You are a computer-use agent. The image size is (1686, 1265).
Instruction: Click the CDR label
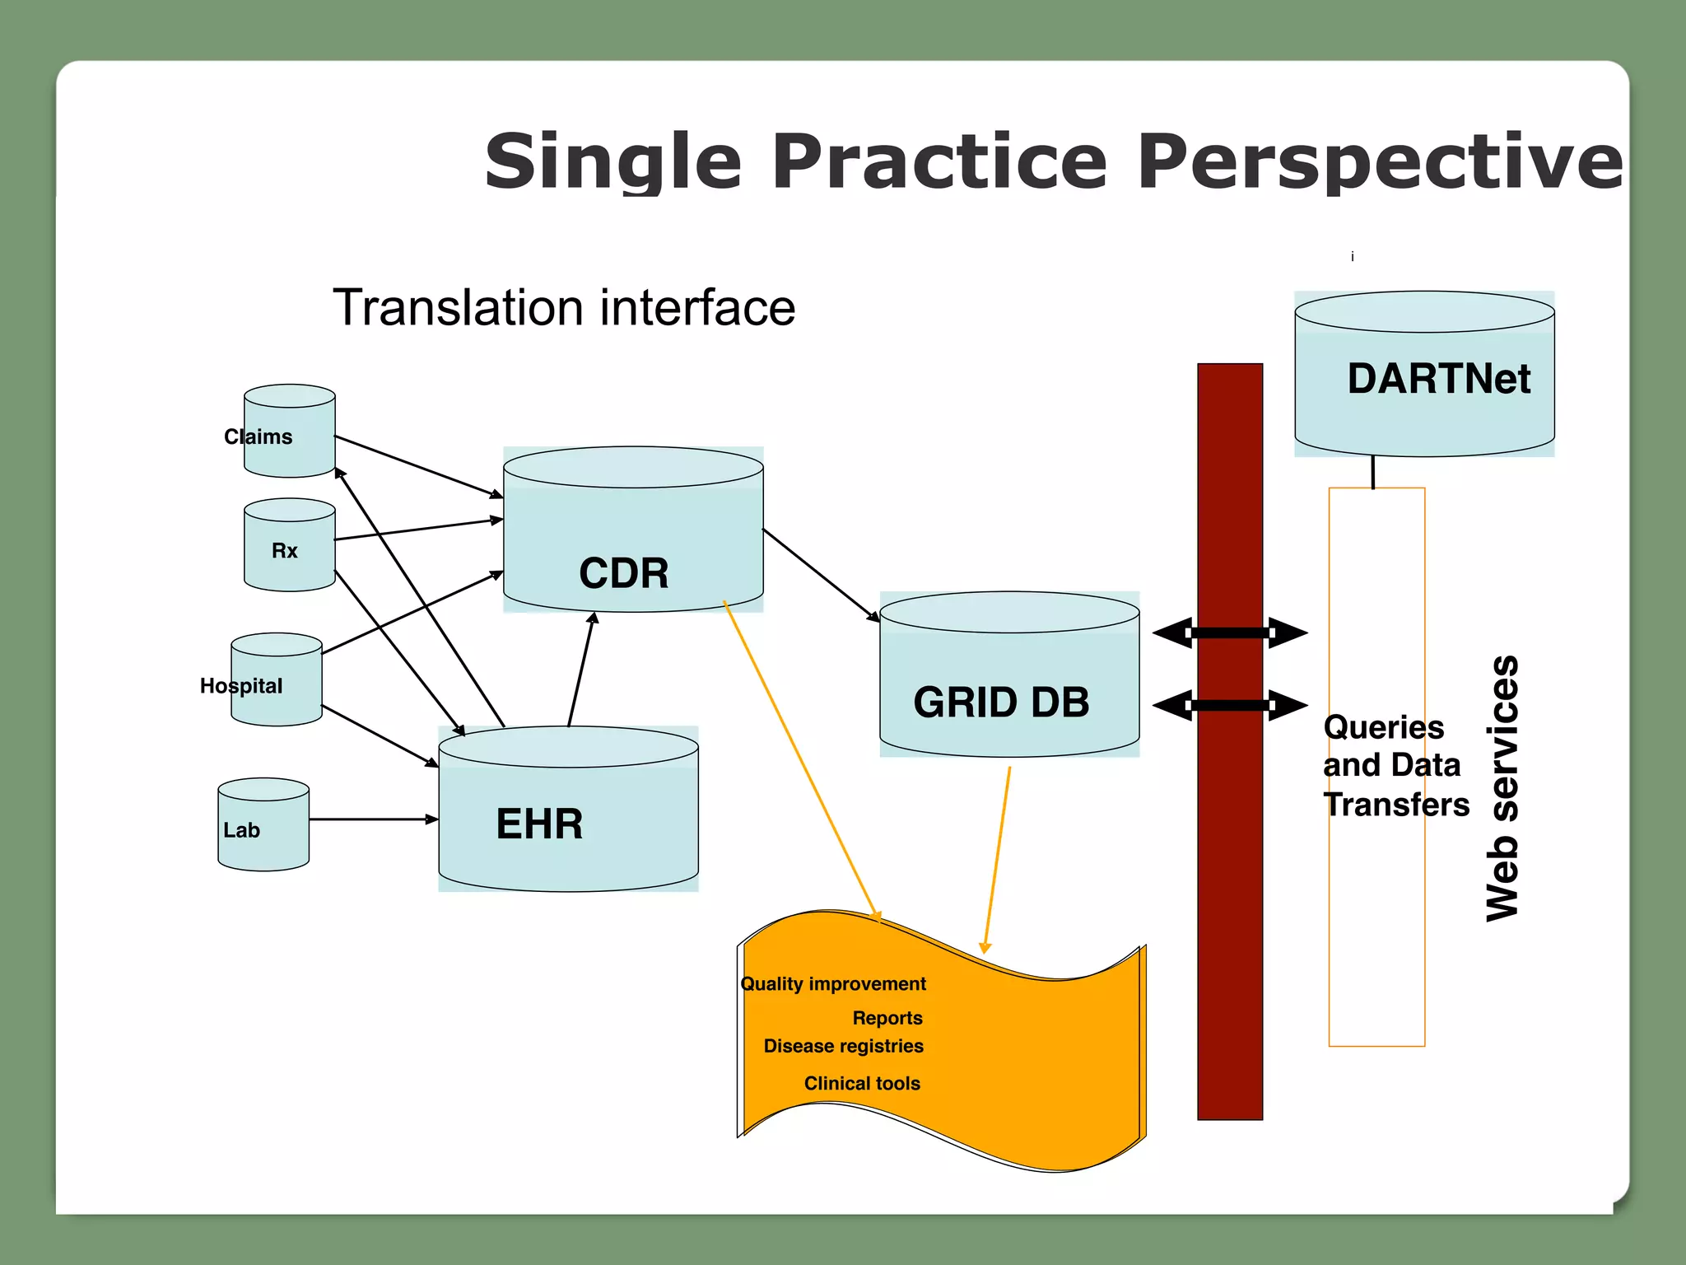[623, 573]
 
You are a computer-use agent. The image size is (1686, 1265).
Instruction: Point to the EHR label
[539, 824]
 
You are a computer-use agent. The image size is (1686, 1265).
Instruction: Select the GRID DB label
[1001, 703]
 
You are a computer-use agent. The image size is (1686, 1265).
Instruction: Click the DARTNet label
[1438, 379]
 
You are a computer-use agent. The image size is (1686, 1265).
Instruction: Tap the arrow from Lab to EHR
[372, 819]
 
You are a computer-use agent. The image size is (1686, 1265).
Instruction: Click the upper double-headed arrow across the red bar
[1230, 632]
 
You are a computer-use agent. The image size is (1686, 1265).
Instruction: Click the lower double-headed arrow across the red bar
[1230, 705]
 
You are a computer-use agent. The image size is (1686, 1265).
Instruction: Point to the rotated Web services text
[1502, 788]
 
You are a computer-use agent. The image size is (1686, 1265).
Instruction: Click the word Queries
[1383, 727]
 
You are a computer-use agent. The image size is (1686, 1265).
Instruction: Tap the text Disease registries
[843, 1046]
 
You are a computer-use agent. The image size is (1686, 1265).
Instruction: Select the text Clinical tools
[861, 1083]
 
